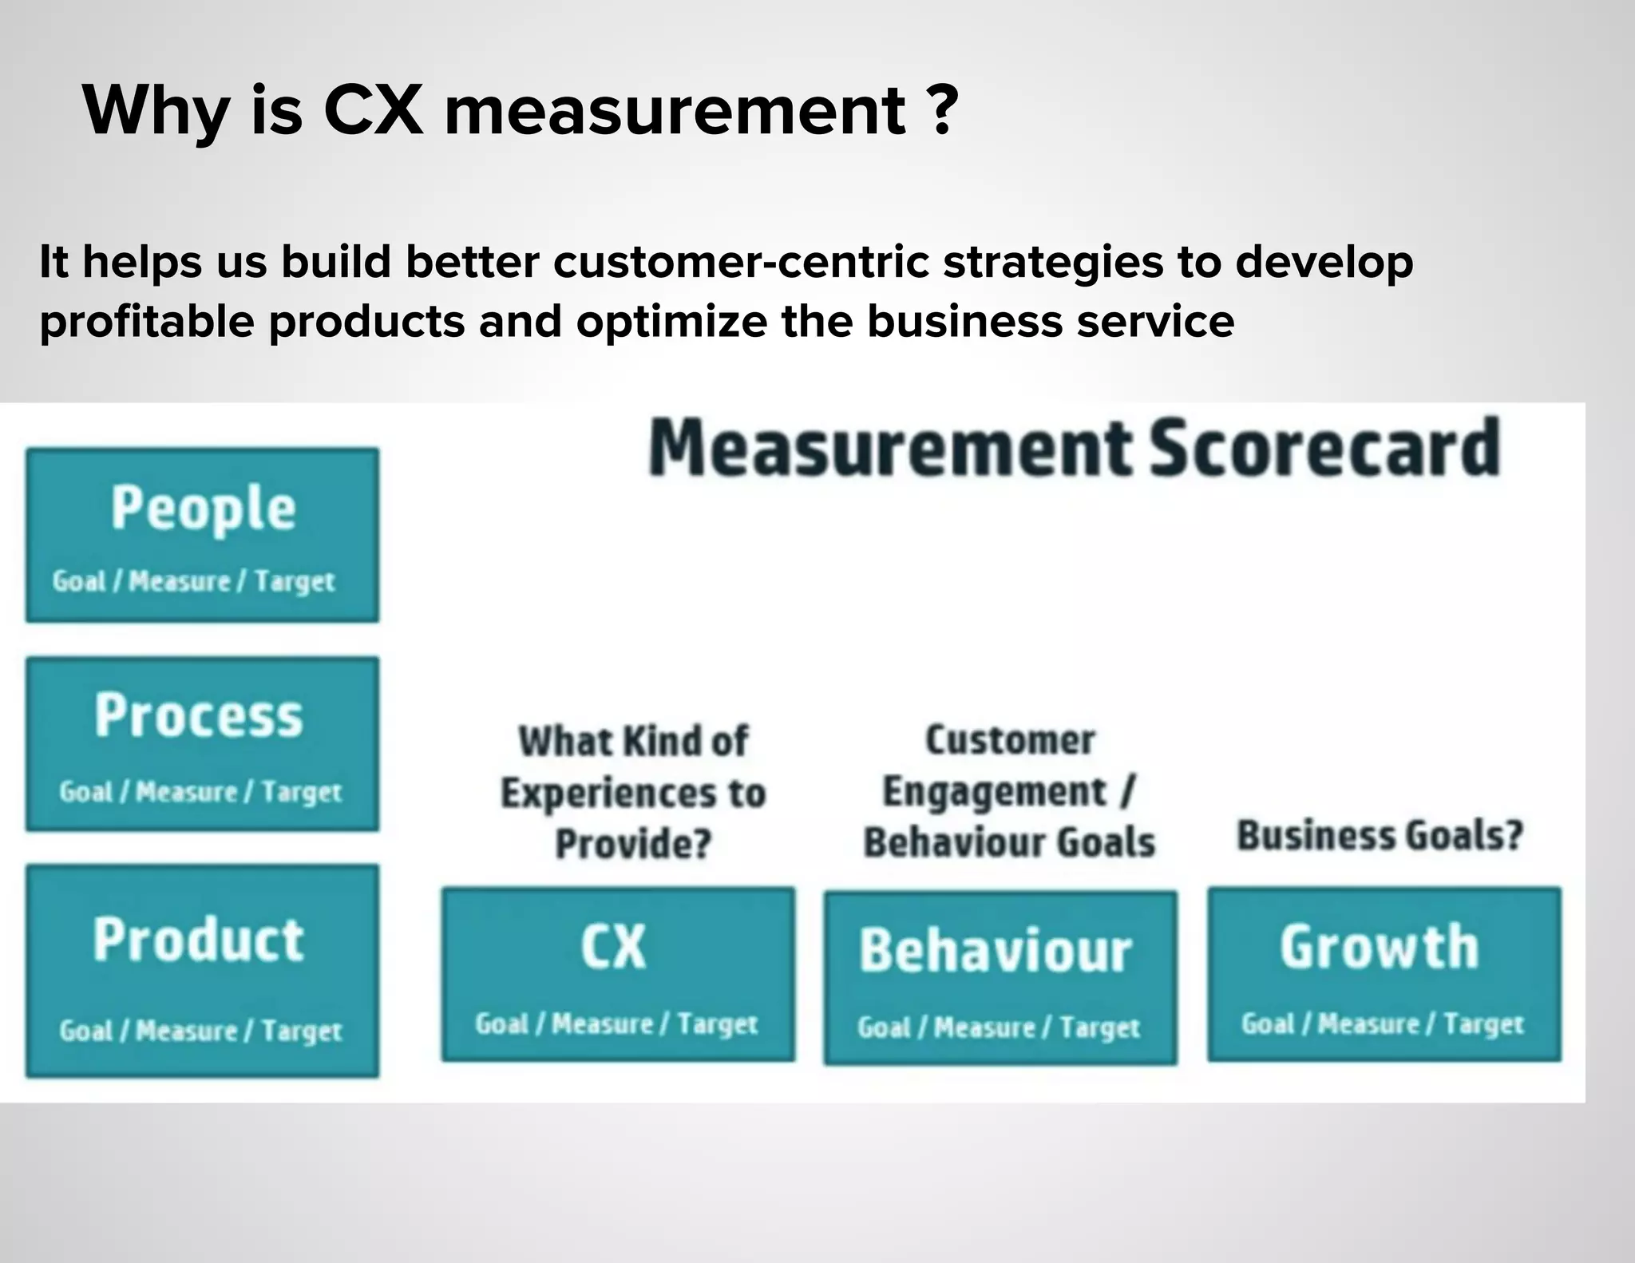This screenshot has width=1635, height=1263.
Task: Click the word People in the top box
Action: pos(203,509)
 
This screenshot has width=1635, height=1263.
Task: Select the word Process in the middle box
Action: pos(199,715)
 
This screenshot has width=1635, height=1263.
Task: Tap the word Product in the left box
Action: pos(199,940)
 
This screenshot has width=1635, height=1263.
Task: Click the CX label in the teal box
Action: pos(613,948)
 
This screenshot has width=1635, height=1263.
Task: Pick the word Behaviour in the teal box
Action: pos(996,952)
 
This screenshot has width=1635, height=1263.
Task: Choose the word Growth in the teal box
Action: pos(1379,948)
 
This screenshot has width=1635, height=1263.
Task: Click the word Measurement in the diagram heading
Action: pos(890,448)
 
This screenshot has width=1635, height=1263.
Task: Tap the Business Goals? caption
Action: pos(1380,836)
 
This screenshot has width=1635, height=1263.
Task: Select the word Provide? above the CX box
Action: pos(633,844)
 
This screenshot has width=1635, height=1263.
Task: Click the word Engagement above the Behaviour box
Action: pos(995,792)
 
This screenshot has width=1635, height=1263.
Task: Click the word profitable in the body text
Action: pos(147,322)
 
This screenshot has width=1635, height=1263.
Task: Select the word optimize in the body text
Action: pos(672,322)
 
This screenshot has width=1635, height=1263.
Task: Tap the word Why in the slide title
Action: pos(156,111)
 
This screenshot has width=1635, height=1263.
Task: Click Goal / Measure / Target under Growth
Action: pos(1382,1024)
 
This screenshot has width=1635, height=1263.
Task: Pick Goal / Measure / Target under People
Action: pos(193,582)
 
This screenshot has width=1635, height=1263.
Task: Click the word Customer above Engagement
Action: pos(1010,740)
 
